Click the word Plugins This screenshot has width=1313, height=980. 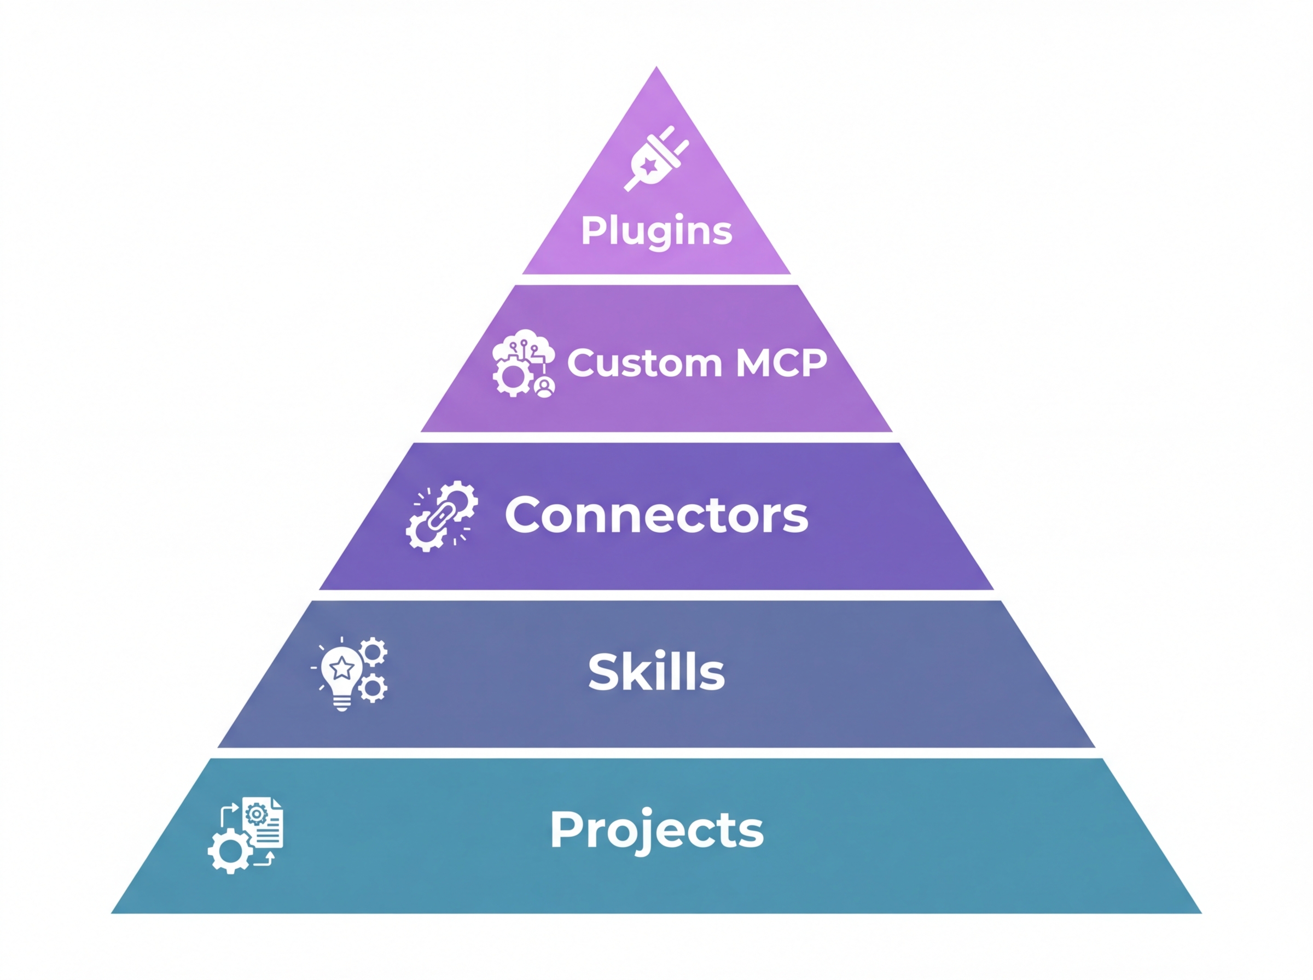click(x=656, y=230)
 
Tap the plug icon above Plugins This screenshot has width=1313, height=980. click(x=655, y=159)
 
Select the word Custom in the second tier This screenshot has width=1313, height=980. click(x=644, y=363)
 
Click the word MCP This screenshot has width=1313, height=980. click(x=781, y=363)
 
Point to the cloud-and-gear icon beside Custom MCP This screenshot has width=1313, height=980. click(x=524, y=363)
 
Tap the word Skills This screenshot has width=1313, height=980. click(x=656, y=672)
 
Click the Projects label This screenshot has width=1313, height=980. click(x=656, y=829)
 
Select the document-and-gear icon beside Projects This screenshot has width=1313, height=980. click(x=246, y=835)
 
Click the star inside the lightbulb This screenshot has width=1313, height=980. click(x=342, y=669)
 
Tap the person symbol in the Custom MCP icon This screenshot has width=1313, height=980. click(x=544, y=386)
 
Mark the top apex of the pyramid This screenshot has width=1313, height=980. click(x=656, y=68)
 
